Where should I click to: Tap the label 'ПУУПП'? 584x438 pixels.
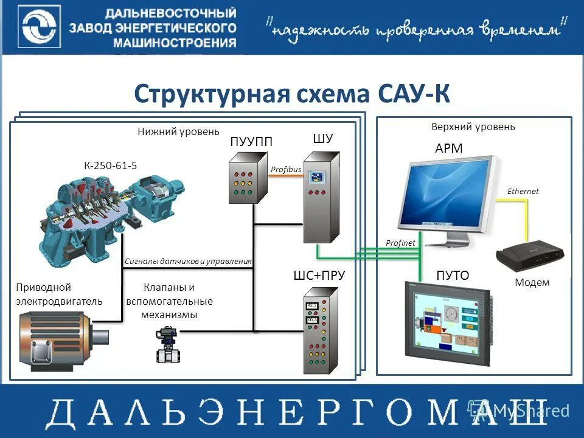[251, 141]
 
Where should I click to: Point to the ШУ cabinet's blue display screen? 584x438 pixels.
[316, 177]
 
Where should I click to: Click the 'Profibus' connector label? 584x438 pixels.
[286, 169]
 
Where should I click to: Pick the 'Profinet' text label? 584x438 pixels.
[400, 243]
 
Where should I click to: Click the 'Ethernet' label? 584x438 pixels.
[523, 191]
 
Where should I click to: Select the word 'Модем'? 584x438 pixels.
[532, 282]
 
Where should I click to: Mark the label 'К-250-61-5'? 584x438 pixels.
[110, 165]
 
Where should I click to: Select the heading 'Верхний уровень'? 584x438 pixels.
[473, 127]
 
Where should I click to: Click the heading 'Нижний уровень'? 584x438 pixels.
[178, 131]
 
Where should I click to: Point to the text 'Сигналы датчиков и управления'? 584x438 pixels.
[188, 262]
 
